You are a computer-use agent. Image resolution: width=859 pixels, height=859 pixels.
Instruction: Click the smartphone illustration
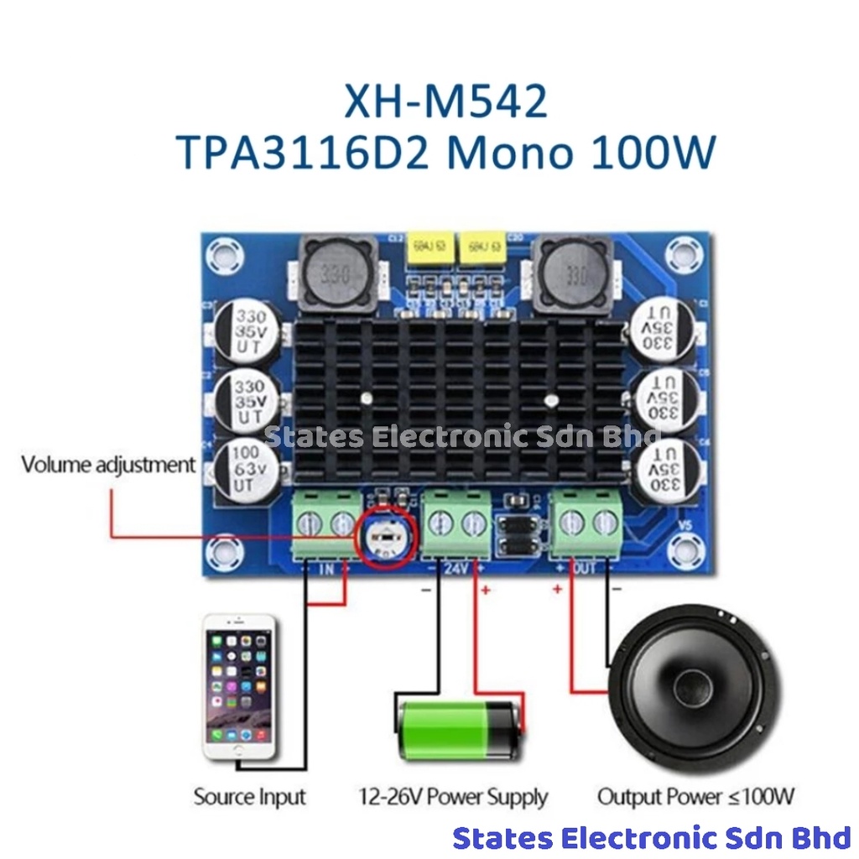pos(240,687)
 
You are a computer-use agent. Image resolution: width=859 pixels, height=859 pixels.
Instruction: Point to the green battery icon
pos(458,730)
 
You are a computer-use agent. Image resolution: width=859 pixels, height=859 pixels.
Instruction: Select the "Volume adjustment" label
pos(108,464)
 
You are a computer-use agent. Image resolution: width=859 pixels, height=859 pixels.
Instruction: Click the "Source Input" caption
pos(250,796)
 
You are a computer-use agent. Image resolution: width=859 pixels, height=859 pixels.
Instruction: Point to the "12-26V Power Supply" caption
pos(453,797)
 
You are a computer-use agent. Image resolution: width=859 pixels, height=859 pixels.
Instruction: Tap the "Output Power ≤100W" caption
pos(695,796)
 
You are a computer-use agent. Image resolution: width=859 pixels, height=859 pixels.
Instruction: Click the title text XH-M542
pos(445,102)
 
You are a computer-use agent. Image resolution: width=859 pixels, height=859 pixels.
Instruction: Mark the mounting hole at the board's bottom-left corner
pos(225,549)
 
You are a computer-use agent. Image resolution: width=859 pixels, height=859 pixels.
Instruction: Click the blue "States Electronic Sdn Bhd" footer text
pos(652,838)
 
